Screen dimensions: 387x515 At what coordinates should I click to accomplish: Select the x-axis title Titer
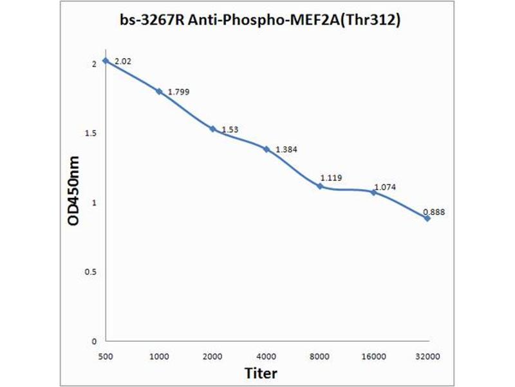point(261,373)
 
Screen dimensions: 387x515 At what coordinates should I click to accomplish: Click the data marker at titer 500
point(106,61)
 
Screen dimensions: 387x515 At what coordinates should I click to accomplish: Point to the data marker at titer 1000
point(159,91)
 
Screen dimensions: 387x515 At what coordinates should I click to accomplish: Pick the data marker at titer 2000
point(212,128)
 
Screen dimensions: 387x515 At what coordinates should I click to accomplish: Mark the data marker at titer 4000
point(266,149)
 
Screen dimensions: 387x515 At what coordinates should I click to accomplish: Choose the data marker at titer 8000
point(320,186)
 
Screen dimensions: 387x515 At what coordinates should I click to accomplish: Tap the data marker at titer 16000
point(373,192)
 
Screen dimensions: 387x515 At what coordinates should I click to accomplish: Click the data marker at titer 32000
point(427,218)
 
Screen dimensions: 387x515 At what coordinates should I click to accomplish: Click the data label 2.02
point(123,62)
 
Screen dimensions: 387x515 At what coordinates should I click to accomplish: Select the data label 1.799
point(179,92)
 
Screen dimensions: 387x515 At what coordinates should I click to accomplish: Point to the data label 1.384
point(286,150)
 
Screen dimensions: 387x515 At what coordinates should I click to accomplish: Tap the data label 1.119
point(331,178)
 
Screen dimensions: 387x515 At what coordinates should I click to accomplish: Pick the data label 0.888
point(434,211)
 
